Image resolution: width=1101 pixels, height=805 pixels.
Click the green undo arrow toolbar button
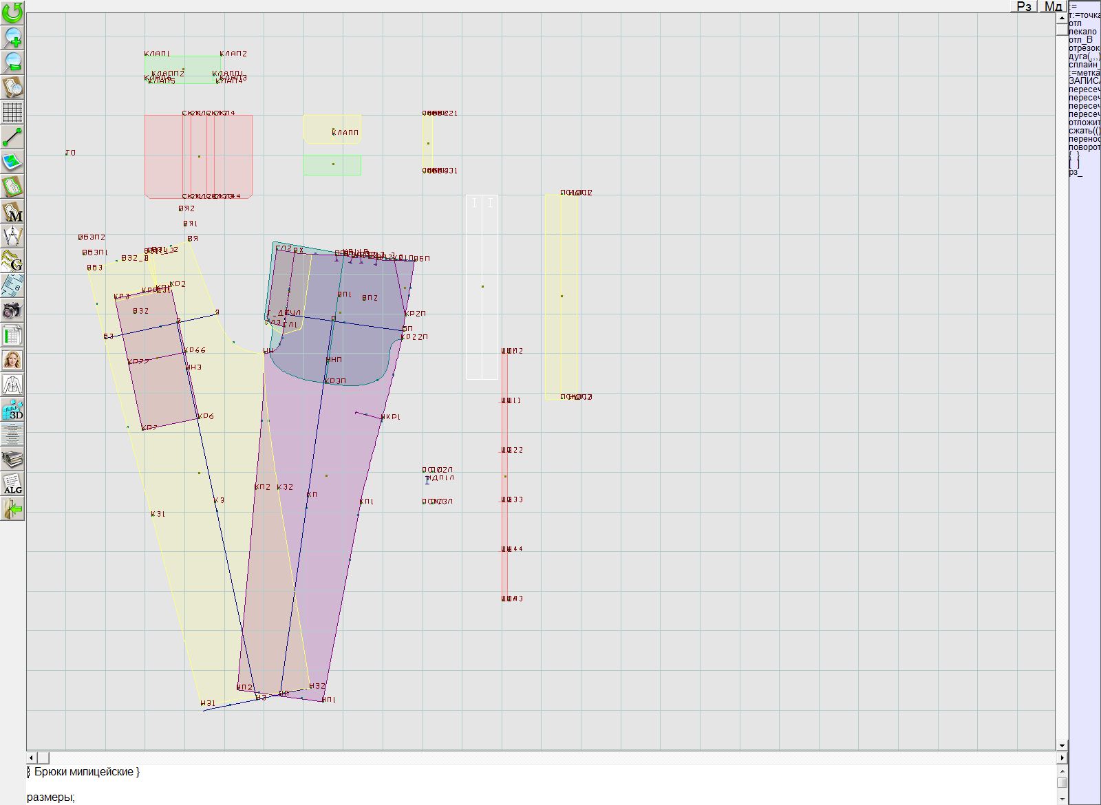(12, 12)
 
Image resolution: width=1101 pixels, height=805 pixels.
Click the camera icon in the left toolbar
(12, 310)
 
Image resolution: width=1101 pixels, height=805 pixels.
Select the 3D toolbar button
(12, 409)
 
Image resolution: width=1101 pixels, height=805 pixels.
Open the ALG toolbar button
(12, 484)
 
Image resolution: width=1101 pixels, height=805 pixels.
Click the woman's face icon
(12, 360)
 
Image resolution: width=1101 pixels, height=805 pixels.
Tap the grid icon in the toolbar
(12, 112)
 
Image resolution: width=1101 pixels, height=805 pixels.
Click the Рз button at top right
(1024, 6)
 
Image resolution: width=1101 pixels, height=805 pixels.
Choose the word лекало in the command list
(1083, 32)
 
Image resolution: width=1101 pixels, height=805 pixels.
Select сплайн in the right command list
(1083, 65)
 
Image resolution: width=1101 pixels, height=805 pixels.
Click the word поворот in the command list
(1084, 147)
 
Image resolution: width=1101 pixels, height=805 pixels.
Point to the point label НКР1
(391, 417)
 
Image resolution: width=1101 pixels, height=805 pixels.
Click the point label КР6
(206, 416)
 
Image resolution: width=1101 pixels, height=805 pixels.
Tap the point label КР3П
(335, 381)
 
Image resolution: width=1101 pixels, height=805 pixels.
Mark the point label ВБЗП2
(92, 237)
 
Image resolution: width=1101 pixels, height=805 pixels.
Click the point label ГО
(71, 153)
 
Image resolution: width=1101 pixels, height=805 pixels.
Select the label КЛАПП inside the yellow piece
(345, 132)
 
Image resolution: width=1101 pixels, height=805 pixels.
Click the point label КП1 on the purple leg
(367, 502)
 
